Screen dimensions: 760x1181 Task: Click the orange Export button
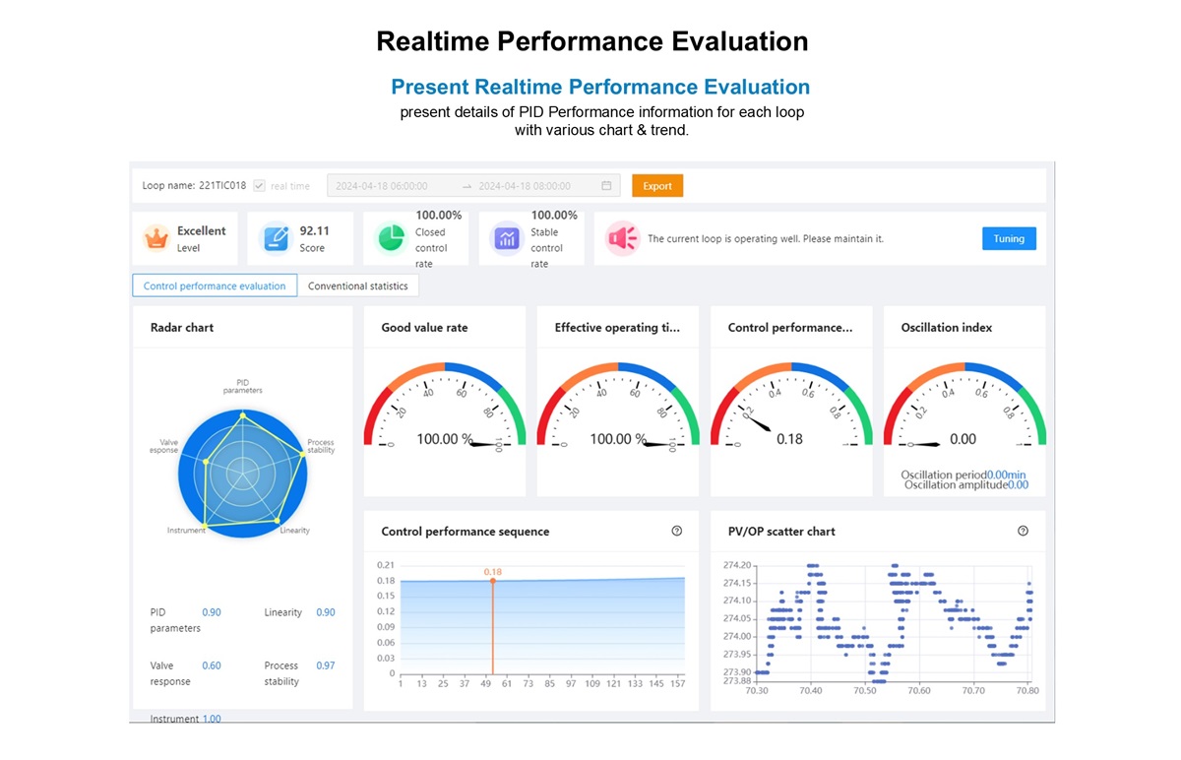click(x=657, y=186)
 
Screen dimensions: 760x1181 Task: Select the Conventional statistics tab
click(x=358, y=286)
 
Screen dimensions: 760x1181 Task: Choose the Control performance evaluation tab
click(x=215, y=286)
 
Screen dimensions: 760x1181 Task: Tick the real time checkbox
click(x=259, y=186)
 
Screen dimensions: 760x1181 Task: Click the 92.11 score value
click(x=314, y=230)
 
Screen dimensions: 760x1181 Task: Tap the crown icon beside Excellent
click(x=156, y=238)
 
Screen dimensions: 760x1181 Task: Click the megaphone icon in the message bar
click(x=622, y=238)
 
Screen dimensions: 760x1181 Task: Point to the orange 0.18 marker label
click(x=492, y=571)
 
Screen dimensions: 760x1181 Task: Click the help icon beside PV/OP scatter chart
click(x=1023, y=531)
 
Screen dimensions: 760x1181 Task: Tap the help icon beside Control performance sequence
click(x=676, y=531)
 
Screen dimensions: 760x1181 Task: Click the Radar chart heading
click(x=182, y=328)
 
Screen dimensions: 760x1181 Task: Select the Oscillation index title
click(x=946, y=328)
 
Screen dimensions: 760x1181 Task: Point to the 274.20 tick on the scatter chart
click(x=737, y=565)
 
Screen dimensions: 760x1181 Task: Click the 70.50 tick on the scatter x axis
click(x=864, y=691)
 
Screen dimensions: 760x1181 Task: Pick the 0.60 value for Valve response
click(x=212, y=665)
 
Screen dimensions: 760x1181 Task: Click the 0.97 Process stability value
click(x=325, y=665)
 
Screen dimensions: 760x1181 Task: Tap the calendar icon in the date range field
click(x=606, y=186)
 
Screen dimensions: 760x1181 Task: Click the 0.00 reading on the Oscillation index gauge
click(x=963, y=439)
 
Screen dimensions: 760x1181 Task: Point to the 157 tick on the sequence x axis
click(x=677, y=684)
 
